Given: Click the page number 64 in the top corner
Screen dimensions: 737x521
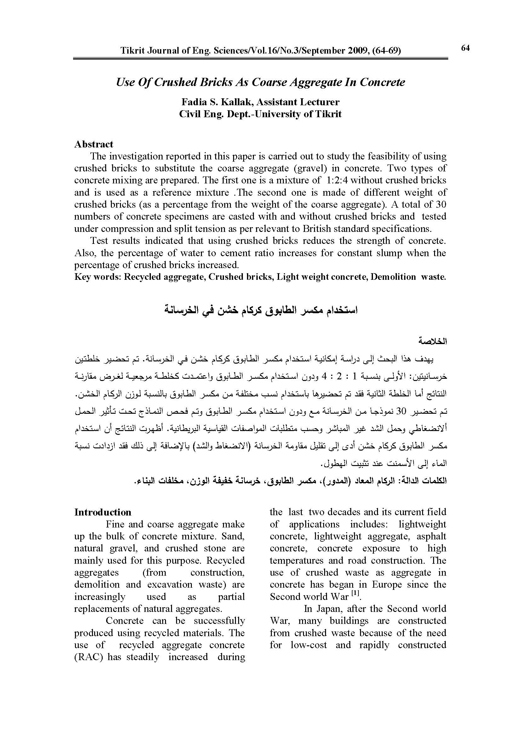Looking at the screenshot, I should [465, 48].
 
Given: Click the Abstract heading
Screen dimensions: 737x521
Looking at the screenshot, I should [94, 144].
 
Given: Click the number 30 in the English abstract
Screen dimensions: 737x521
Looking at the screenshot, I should [441, 204].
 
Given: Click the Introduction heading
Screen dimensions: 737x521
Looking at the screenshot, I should [103, 512].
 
